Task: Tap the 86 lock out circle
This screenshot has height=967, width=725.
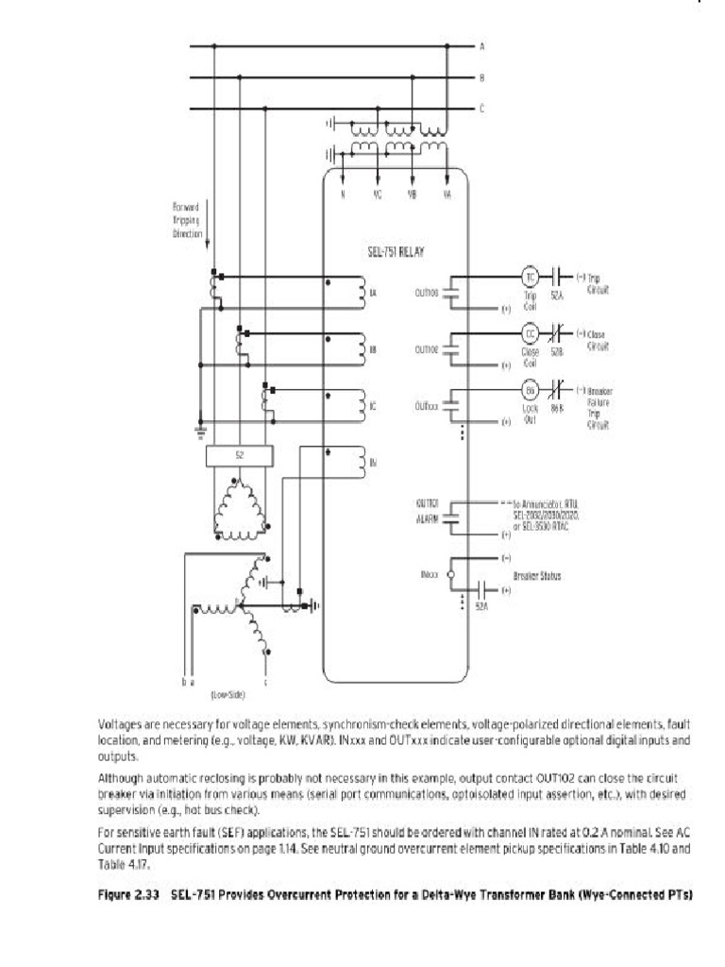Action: pyautogui.click(x=530, y=391)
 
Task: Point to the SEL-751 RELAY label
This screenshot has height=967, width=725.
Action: pyautogui.click(x=396, y=253)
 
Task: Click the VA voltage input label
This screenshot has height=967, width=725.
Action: pyautogui.click(x=447, y=195)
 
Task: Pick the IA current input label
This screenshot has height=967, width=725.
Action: pyautogui.click(x=374, y=293)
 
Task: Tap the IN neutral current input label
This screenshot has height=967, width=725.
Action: pyautogui.click(x=374, y=462)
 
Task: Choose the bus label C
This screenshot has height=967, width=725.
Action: pyautogui.click(x=482, y=109)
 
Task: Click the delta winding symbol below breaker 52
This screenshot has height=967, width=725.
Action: pyautogui.click(x=243, y=510)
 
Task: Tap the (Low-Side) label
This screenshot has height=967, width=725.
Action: pyautogui.click(x=228, y=694)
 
